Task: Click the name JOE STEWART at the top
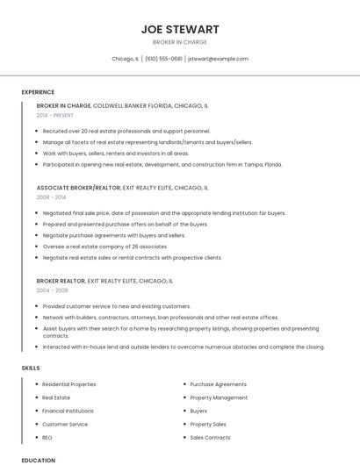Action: point(180,29)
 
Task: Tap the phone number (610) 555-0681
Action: point(163,59)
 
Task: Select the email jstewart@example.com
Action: point(218,59)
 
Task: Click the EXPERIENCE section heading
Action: point(38,92)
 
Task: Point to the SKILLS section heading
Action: point(31,368)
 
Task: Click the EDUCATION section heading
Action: point(38,460)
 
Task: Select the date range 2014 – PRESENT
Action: point(56,115)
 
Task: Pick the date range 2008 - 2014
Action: point(52,197)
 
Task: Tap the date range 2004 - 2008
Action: point(52,290)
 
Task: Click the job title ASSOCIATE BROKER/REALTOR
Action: point(78,188)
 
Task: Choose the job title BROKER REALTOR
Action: point(61,281)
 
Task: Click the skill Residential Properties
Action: point(69,384)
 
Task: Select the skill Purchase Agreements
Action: point(218,384)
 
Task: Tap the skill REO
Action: point(47,437)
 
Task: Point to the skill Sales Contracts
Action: point(210,437)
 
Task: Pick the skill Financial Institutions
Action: point(68,411)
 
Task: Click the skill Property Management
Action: point(219,397)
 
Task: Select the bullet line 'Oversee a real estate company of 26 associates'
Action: point(104,247)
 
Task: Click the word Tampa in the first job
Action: point(250,164)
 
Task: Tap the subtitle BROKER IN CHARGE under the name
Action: point(180,42)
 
